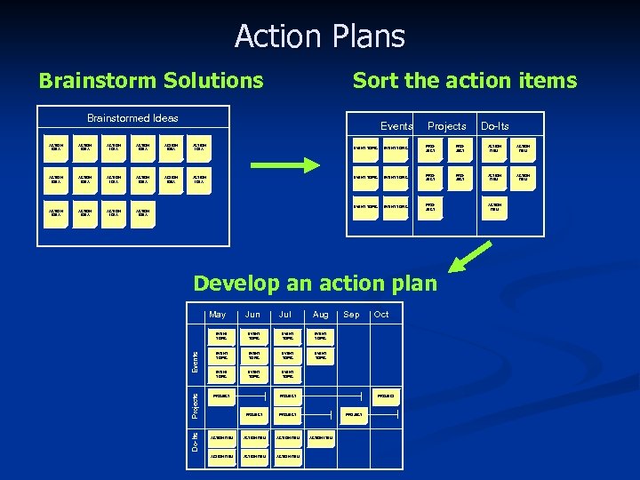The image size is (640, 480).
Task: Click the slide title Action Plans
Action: [320, 36]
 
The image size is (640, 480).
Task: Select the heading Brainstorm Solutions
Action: [151, 81]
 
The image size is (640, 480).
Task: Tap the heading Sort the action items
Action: [465, 81]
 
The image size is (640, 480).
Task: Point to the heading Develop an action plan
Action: [316, 283]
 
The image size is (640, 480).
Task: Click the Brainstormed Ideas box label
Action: [132, 118]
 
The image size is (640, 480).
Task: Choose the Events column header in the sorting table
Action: [396, 126]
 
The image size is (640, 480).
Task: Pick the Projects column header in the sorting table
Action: [446, 126]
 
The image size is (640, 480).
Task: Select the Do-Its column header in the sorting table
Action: [494, 126]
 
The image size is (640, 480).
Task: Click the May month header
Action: [217, 315]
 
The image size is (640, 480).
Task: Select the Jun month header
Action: [253, 315]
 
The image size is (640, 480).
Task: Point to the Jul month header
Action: [285, 315]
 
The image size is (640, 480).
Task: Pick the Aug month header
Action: [320, 315]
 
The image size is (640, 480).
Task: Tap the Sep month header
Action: [351, 315]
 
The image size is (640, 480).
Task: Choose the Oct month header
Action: [381, 315]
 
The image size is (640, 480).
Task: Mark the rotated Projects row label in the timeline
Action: [196, 402]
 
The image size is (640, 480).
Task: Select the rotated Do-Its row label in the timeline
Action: [196, 442]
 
